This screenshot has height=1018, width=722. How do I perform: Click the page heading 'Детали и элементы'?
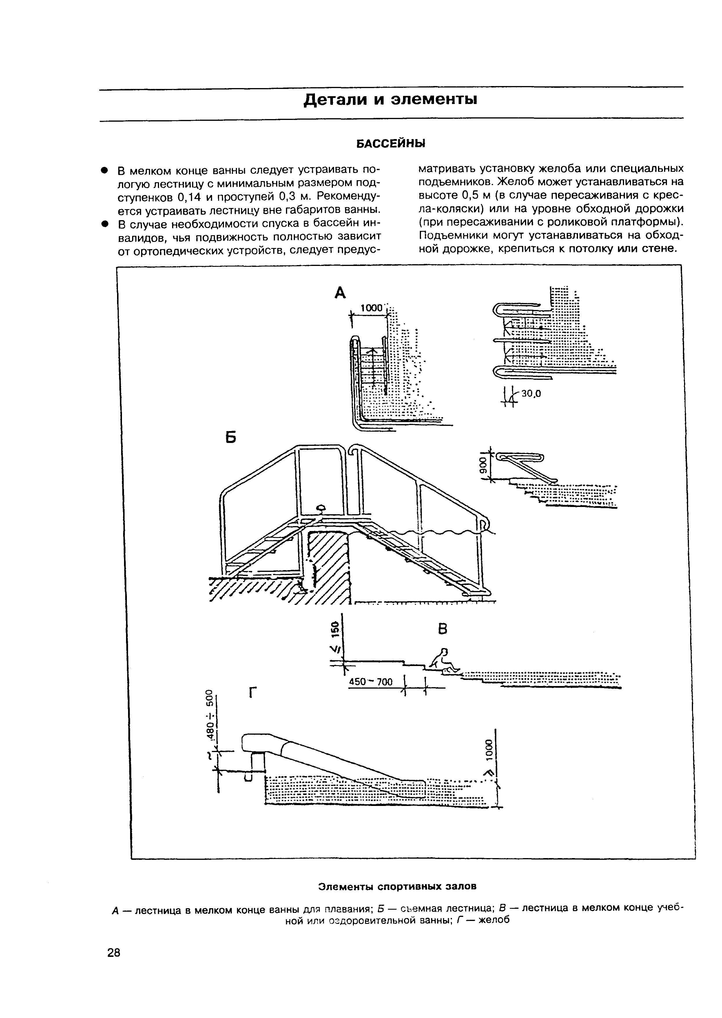(x=390, y=100)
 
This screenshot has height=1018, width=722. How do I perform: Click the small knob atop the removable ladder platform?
(x=320, y=507)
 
